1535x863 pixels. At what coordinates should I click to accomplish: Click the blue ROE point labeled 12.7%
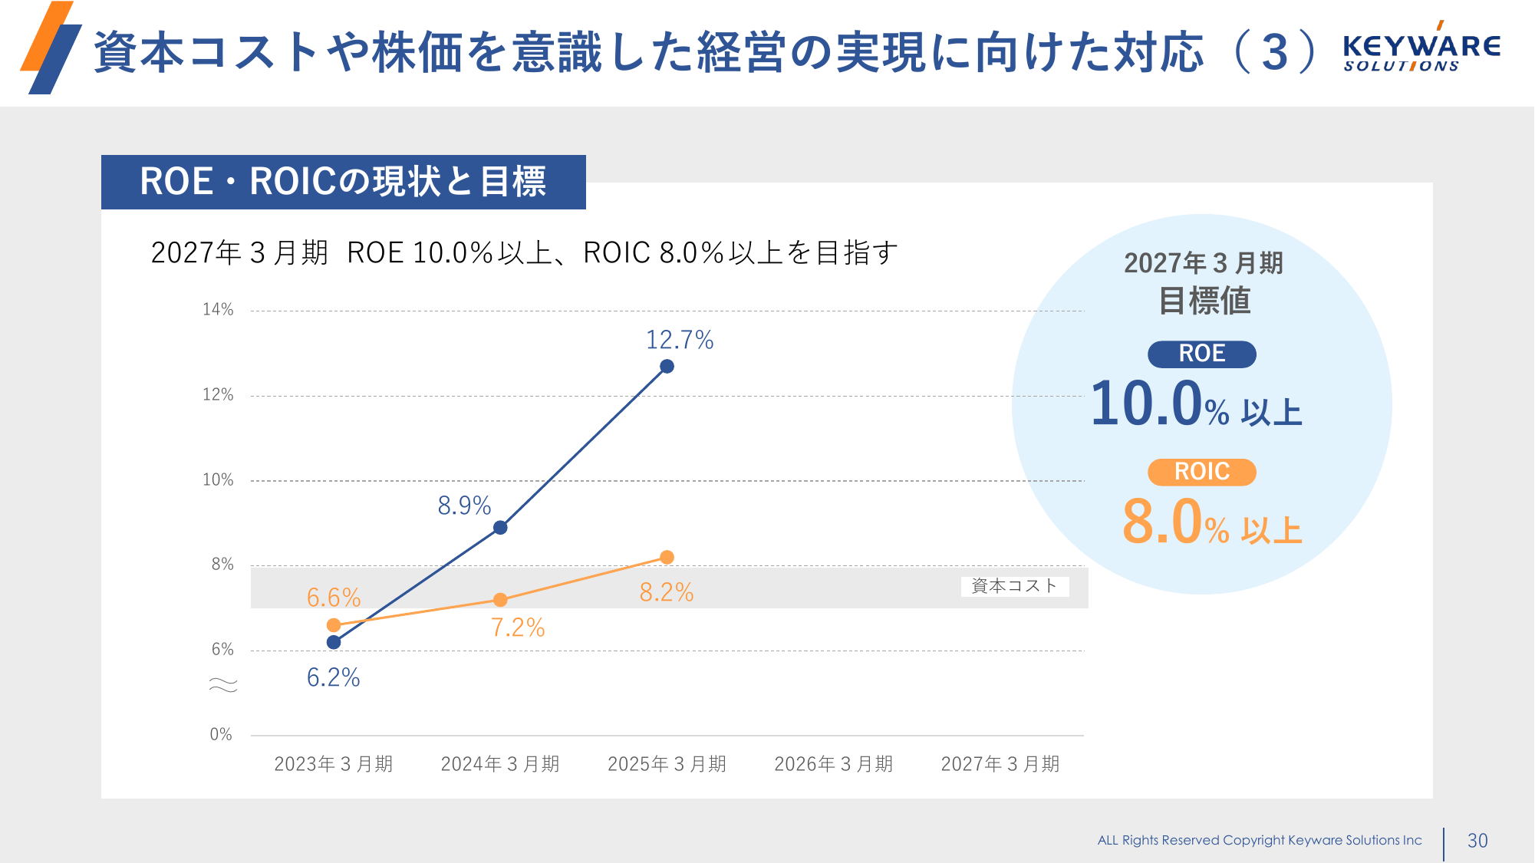tap(667, 367)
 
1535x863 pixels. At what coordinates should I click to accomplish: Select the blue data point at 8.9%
tap(500, 528)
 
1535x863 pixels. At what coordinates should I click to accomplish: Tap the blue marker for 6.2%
tap(334, 642)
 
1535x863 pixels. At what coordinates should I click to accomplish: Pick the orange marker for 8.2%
tap(667, 557)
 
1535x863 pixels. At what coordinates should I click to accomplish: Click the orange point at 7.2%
tap(500, 600)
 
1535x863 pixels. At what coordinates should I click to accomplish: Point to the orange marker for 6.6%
tap(334, 625)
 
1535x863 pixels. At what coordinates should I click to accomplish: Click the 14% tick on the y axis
tap(218, 310)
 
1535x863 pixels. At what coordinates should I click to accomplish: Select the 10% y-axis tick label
tap(218, 480)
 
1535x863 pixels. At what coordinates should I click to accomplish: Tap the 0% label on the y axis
tap(221, 735)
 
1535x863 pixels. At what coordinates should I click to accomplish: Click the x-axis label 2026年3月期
tap(834, 764)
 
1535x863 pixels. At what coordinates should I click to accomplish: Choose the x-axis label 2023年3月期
tap(334, 764)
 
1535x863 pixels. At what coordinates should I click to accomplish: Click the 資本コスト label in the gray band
tap(1014, 587)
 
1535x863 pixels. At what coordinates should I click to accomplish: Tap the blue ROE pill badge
tap(1201, 354)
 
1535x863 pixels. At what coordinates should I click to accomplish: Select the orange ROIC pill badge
tap(1201, 472)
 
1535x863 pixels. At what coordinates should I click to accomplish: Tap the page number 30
tap(1477, 841)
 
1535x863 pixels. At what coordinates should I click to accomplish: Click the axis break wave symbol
tap(223, 685)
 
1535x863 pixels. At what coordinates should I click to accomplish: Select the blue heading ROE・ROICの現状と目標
tap(343, 183)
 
